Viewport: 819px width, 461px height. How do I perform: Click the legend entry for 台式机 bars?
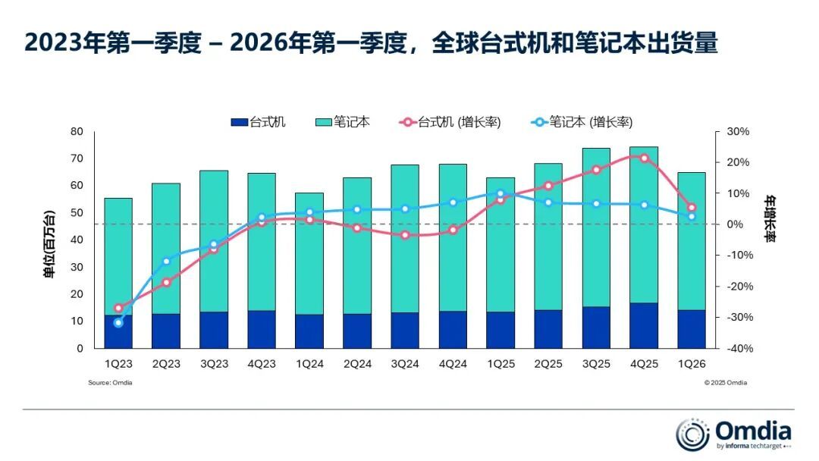(x=258, y=122)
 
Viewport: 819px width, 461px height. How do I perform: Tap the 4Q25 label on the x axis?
(x=644, y=364)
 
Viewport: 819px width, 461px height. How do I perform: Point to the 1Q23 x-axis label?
(x=118, y=364)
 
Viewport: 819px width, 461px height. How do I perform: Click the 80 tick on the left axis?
(x=76, y=131)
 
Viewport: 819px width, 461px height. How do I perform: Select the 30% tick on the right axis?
(x=737, y=131)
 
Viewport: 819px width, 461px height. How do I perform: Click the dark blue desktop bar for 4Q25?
(x=644, y=325)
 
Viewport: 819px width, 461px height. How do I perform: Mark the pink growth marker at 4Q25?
(x=644, y=158)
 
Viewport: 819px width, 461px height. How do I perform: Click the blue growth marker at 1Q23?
(x=118, y=322)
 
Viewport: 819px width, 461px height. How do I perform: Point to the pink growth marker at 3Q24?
(x=405, y=235)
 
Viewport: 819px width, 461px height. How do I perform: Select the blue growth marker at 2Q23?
(x=166, y=262)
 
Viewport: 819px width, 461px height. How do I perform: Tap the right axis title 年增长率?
(x=770, y=219)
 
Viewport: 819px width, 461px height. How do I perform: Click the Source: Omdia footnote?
(x=110, y=383)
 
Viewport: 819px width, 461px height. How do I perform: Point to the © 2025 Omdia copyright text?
(x=725, y=383)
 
